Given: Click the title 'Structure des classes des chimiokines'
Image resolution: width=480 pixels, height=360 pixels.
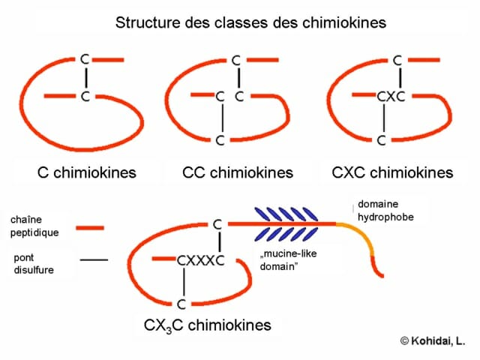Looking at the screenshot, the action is pos(250,22).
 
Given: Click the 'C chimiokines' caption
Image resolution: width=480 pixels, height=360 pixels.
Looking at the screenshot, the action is pos(87,172).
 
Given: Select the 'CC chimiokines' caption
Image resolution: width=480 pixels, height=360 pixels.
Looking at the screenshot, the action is pos(238,172).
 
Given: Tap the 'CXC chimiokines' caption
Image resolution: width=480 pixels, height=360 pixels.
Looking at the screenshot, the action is pos(392,172).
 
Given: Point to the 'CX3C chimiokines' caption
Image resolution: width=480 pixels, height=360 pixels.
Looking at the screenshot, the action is pos(208,325).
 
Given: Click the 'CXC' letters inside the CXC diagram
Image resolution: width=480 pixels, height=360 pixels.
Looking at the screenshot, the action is pos(391,97).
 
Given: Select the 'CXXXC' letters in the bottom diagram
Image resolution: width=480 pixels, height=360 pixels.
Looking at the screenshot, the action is pos(201,261).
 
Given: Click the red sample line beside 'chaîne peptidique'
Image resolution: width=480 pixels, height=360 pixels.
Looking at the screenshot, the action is pos(90,228).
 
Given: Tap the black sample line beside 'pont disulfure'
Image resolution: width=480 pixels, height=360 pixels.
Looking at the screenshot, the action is pos(94,260).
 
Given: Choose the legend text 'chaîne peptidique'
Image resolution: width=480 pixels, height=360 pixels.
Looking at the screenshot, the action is pos(34,226).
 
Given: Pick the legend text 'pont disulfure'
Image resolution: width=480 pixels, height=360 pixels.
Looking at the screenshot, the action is pos(34,263).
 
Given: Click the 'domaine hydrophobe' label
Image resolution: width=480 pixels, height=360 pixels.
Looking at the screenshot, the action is pos(385,211).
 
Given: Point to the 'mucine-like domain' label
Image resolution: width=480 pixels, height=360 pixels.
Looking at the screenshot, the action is pos(288,260).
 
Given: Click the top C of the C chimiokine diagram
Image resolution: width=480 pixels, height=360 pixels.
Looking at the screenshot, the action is pos(85,59).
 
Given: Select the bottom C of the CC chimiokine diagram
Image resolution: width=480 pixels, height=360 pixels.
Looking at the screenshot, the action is pos(220,140).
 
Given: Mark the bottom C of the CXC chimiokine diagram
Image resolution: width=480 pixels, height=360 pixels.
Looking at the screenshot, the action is pos(381,140).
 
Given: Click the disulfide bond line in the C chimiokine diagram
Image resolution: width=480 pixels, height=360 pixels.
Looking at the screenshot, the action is pos(86,78).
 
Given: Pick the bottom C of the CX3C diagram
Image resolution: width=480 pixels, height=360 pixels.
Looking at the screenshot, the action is pos(181,304).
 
